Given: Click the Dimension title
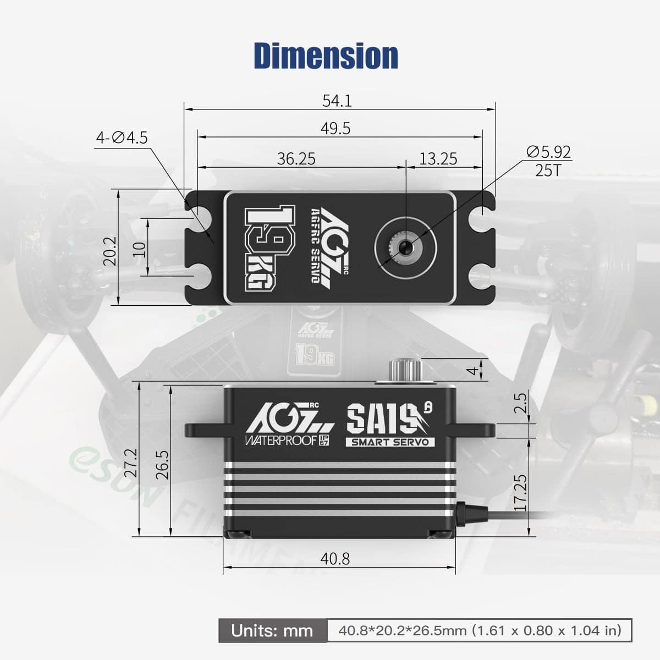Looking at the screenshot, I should (x=326, y=56).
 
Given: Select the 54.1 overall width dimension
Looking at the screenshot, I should (x=337, y=101).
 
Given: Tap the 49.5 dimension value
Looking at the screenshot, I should (x=336, y=128).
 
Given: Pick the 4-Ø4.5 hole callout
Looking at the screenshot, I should (x=122, y=137).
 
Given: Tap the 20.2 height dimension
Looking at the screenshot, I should (x=110, y=251).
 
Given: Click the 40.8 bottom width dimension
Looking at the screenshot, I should (x=335, y=559).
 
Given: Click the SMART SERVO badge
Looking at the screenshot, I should (x=390, y=442).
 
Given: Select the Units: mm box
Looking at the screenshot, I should (x=272, y=630).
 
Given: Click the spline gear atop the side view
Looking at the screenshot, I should (x=405, y=370).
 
